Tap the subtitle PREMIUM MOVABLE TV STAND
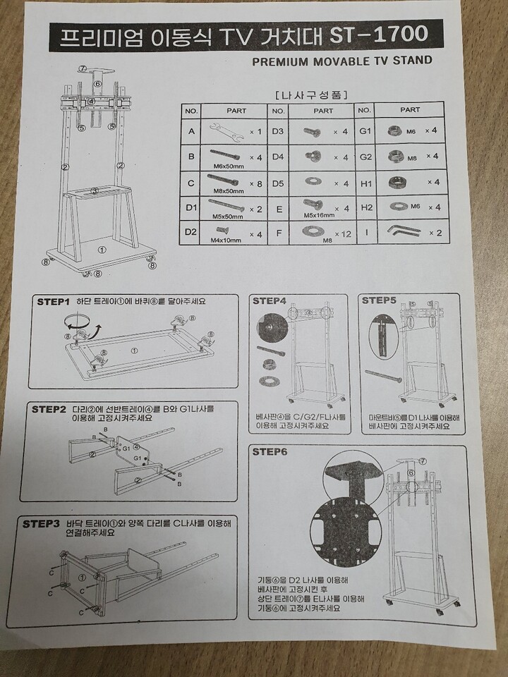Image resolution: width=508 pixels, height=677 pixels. coord(341,61)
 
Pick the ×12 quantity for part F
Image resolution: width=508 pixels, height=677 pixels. coord(343,233)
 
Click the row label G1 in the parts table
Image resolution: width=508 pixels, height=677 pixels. coord(365,131)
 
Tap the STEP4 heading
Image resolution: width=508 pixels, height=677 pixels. coord(270,300)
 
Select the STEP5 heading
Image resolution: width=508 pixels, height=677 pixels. coord(380,300)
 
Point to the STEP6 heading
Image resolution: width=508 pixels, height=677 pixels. coord(270,451)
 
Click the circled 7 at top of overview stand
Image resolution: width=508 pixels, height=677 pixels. coord(82,68)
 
